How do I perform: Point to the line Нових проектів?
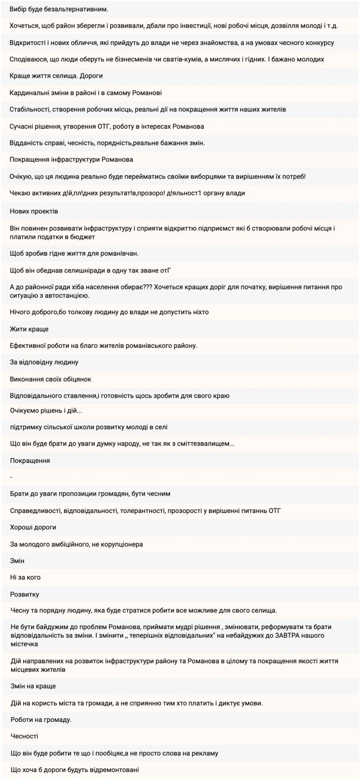click(34, 211)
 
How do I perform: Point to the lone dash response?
click(11, 477)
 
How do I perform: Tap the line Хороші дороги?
click(33, 527)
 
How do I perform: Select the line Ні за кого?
click(26, 577)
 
